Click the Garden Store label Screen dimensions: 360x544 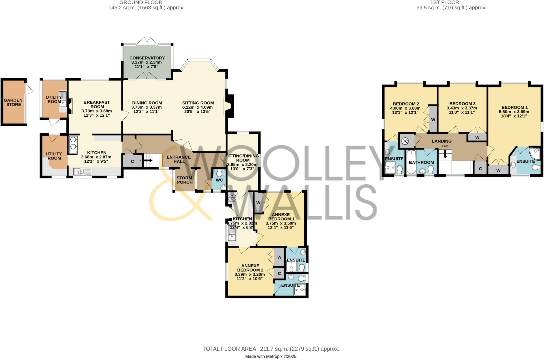13,102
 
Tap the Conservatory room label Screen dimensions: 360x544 147,58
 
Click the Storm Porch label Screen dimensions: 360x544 185,180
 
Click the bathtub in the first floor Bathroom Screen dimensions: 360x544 411,162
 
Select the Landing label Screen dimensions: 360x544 441,141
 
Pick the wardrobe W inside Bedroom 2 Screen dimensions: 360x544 433,119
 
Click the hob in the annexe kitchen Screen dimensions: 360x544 232,197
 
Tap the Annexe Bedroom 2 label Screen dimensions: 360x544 250,268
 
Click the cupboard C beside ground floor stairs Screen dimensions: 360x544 132,161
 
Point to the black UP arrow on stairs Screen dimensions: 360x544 148,160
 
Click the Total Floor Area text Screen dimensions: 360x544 271,349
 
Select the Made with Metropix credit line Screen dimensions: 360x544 271,357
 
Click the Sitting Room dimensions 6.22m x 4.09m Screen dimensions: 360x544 198,107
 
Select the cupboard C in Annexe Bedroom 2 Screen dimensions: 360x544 279,273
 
